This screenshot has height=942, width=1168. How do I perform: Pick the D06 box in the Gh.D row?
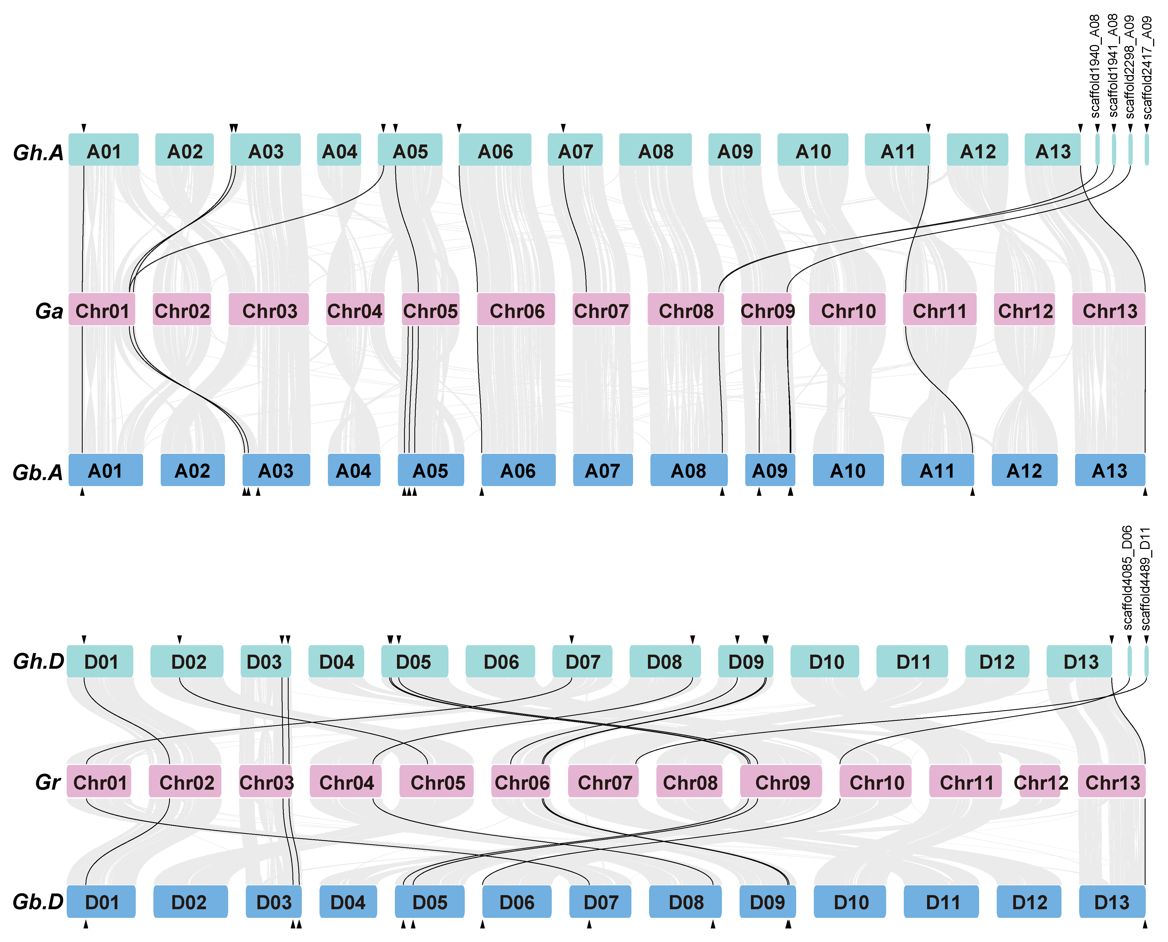(x=500, y=661)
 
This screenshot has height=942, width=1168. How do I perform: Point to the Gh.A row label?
(x=38, y=152)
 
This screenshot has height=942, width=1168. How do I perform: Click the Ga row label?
(x=49, y=311)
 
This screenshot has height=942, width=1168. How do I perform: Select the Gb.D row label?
(x=38, y=902)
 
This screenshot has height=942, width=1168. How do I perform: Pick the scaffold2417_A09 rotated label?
(x=1147, y=68)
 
